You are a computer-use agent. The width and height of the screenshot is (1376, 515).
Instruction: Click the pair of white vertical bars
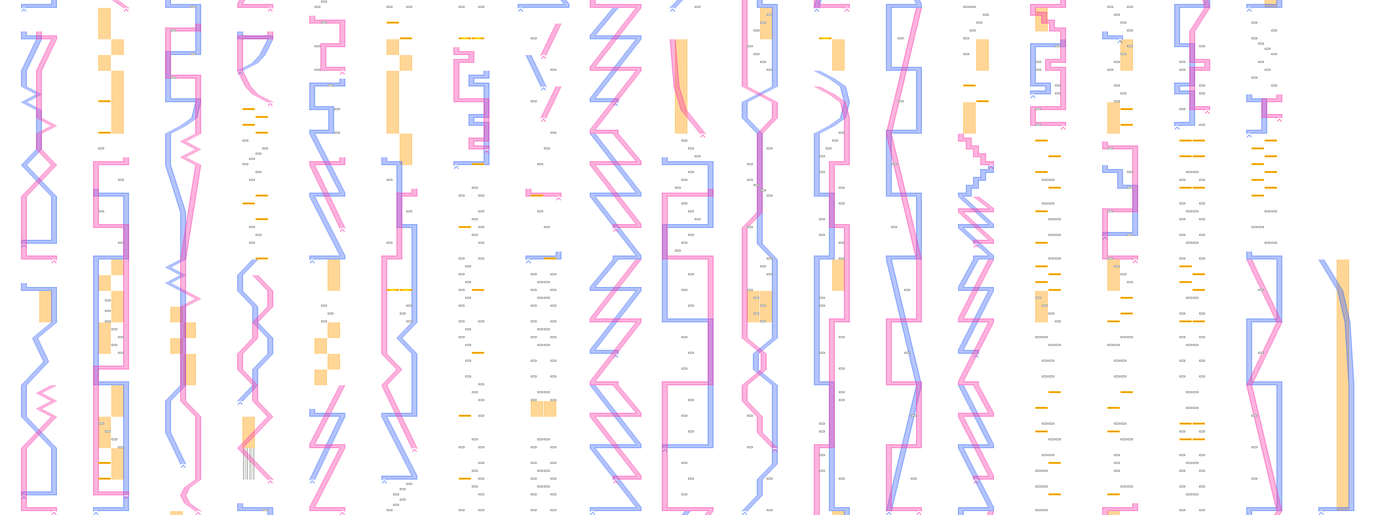248,463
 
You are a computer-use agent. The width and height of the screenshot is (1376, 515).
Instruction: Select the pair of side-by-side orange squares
543,409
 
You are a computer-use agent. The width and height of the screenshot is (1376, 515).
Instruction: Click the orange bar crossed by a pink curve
681,85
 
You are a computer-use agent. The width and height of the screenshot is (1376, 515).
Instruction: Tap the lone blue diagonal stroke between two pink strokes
535,71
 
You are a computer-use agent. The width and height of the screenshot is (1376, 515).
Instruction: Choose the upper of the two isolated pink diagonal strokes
551,40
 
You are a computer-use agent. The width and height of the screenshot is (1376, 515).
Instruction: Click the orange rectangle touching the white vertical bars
248,432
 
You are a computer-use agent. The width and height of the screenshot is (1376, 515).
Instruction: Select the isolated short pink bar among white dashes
543,193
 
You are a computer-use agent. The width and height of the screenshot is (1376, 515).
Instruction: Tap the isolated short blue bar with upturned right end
543,256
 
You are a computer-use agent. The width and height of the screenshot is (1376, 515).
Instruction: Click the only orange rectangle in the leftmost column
45,306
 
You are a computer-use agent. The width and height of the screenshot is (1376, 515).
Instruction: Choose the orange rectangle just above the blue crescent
838,55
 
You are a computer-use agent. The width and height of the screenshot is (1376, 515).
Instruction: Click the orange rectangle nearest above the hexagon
766,24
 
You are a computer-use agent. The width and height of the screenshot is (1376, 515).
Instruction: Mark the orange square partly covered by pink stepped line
1041,20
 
